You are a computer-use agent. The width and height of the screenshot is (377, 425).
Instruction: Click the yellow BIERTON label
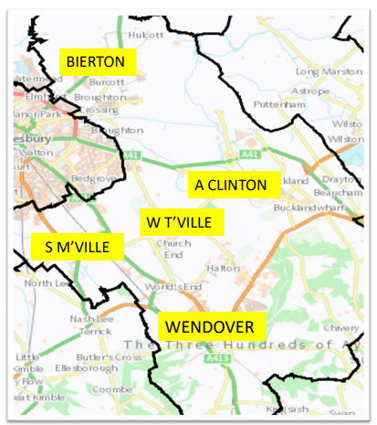point(99,63)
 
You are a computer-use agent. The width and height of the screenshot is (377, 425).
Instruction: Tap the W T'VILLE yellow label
point(181,221)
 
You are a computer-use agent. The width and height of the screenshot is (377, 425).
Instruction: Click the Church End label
point(173,249)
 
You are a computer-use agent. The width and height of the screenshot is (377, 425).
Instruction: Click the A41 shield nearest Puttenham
point(252,157)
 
